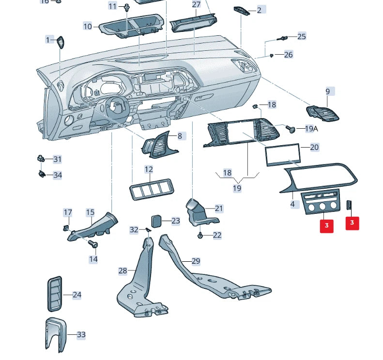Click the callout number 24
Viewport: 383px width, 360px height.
point(77,295)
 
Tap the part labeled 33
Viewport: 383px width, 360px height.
point(54,333)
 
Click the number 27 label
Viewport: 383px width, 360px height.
point(196,4)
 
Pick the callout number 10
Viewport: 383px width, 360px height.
point(88,26)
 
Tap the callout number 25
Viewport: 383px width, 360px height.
point(301,36)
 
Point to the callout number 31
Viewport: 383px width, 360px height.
point(57,159)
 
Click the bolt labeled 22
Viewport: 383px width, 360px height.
point(200,236)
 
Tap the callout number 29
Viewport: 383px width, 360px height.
point(196,261)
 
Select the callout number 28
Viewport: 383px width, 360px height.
point(123,271)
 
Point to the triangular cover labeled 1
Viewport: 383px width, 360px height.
point(61,42)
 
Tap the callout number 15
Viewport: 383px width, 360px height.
point(90,212)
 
